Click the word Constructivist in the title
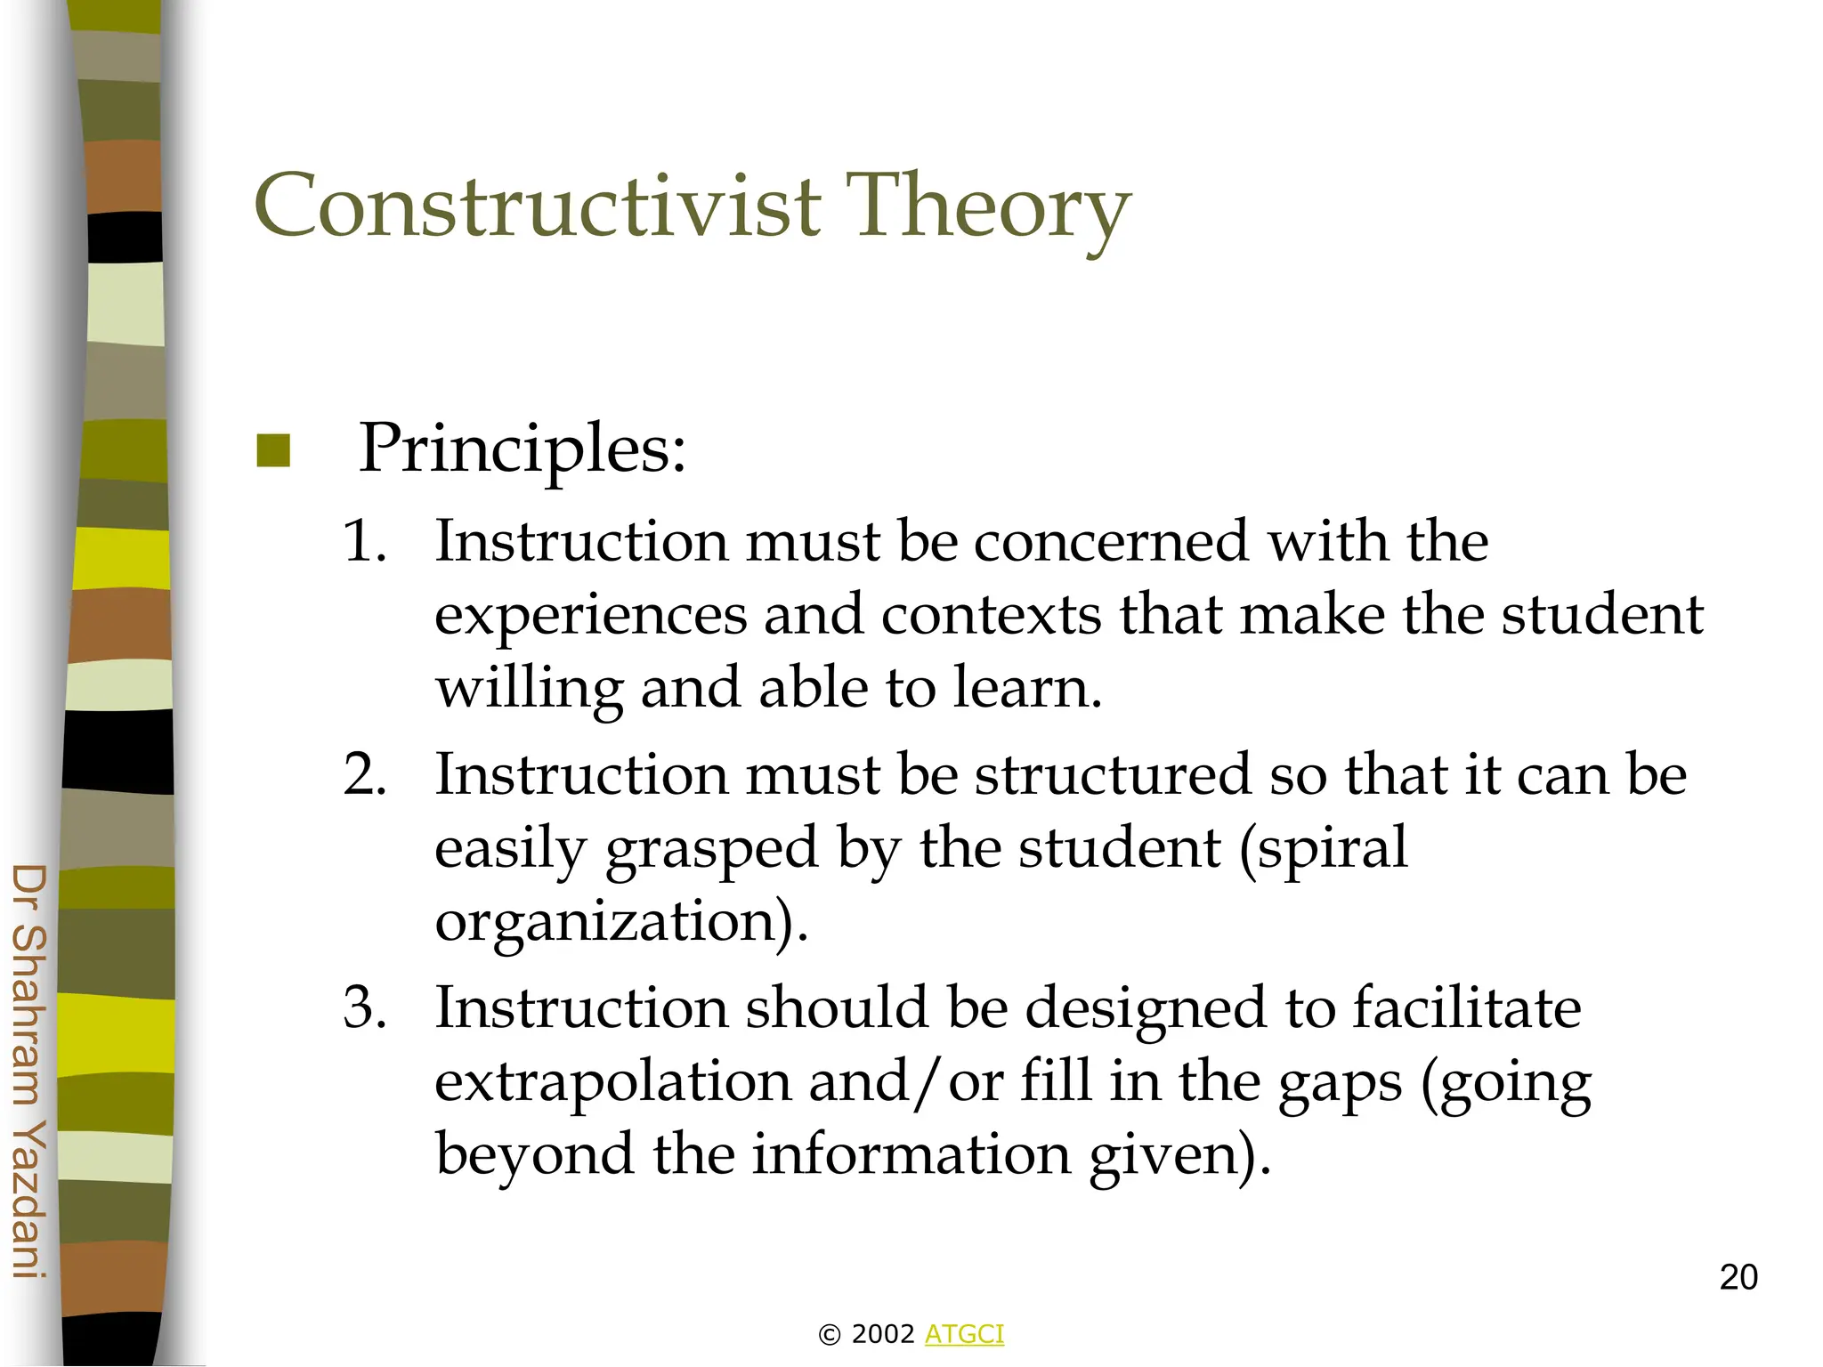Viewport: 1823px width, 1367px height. (538, 206)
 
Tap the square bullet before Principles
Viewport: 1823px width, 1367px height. (273, 450)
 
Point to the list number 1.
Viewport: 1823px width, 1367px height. (365, 541)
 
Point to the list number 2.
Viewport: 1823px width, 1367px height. (365, 774)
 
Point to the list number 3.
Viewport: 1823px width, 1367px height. (365, 1008)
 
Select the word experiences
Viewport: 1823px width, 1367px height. (590, 616)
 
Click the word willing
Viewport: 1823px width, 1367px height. (530, 690)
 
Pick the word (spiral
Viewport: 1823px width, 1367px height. (1324, 848)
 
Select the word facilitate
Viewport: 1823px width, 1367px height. (1466, 1008)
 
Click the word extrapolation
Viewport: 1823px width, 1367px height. (612, 1081)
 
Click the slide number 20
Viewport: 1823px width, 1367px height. (1738, 1278)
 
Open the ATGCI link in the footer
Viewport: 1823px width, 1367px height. (964, 1334)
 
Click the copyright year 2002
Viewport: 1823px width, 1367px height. (883, 1334)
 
